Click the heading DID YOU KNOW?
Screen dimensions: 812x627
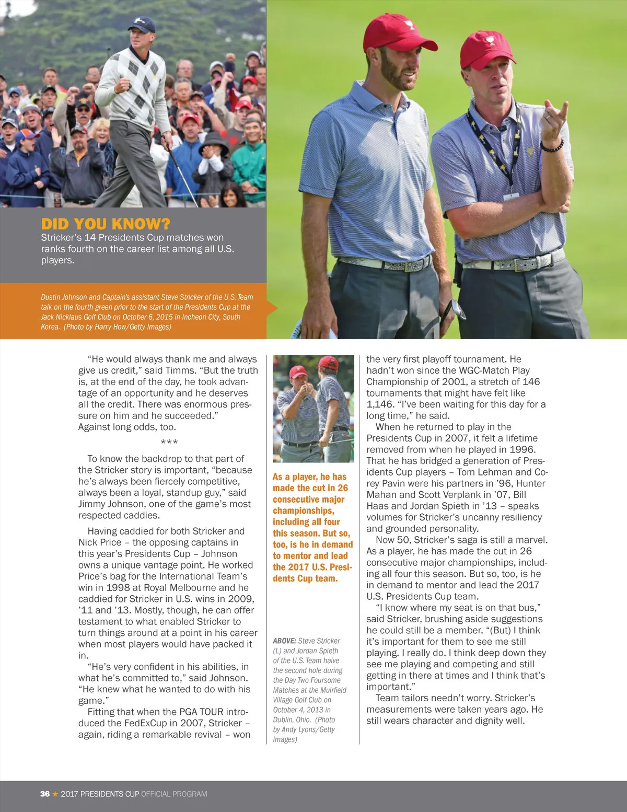click(x=106, y=224)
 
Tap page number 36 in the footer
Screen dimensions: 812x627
click(x=45, y=794)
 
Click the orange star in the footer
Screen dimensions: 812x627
click(x=55, y=794)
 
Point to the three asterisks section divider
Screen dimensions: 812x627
click(x=169, y=443)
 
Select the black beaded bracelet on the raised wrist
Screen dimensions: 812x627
click(x=552, y=146)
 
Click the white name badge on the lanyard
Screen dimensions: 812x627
click(x=510, y=197)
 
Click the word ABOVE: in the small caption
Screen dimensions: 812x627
click(x=284, y=641)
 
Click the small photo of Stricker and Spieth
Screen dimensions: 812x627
click(x=313, y=409)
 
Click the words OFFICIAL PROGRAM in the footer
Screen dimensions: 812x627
click(x=174, y=794)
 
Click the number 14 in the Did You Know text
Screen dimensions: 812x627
click(x=90, y=238)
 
